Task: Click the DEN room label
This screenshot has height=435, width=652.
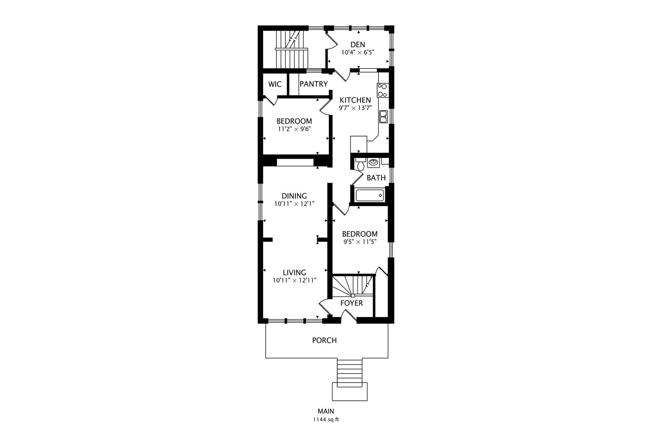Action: (358, 45)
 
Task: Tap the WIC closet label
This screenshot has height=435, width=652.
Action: (275, 84)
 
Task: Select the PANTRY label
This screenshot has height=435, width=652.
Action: (314, 84)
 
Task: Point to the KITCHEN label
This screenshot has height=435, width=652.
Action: (355, 100)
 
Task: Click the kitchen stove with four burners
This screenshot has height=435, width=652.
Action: (382, 90)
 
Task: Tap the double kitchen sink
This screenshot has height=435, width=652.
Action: (383, 117)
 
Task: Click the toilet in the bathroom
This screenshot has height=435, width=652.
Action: (361, 164)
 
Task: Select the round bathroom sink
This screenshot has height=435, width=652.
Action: (373, 162)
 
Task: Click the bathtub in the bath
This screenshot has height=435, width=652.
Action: (369, 195)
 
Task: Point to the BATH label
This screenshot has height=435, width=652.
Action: (376, 178)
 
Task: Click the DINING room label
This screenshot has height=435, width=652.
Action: (294, 196)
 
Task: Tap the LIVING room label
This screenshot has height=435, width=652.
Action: (294, 272)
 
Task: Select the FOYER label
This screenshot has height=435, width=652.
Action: (352, 303)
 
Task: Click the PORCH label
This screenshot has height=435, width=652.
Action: (324, 340)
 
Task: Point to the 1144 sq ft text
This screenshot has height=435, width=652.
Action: (326, 420)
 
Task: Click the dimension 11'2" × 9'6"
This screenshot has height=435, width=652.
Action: (295, 129)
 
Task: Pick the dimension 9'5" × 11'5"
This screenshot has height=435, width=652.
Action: (360, 242)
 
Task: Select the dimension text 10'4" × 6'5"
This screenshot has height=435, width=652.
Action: (358, 52)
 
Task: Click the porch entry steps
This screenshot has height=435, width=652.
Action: (350, 373)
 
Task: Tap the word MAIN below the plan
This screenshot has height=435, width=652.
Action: (326, 411)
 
